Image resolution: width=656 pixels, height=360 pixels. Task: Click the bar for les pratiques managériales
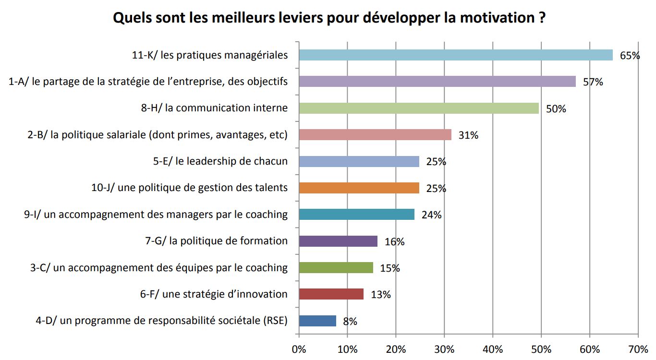(455, 55)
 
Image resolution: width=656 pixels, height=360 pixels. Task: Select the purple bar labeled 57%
(437, 82)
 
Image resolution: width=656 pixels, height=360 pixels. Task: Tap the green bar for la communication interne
(418, 108)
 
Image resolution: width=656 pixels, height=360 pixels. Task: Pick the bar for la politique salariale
(375, 135)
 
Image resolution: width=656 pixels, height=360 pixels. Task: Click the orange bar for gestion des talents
(359, 188)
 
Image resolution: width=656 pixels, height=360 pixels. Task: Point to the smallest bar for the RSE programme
(317, 321)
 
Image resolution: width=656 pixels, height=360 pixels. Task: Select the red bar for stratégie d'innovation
(331, 294)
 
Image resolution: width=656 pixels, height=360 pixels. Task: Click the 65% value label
(630, 56)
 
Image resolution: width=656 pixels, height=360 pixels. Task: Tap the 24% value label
(431, 215)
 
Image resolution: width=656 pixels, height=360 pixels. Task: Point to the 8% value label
(350, 322)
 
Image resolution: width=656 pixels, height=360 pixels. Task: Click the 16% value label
(394, 242)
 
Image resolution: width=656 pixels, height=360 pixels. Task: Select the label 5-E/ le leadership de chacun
(220, 161)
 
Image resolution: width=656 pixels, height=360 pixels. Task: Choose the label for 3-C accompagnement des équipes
(158, 268)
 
